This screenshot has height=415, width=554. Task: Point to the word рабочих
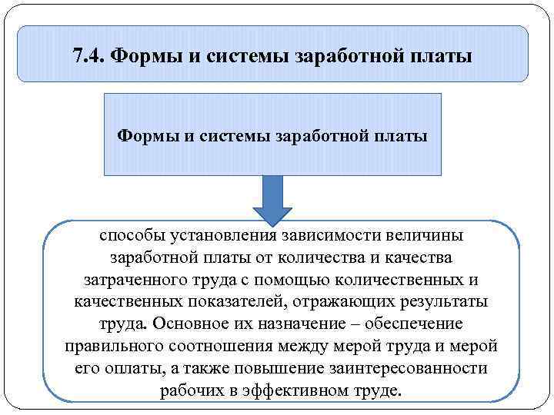point(187,390)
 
